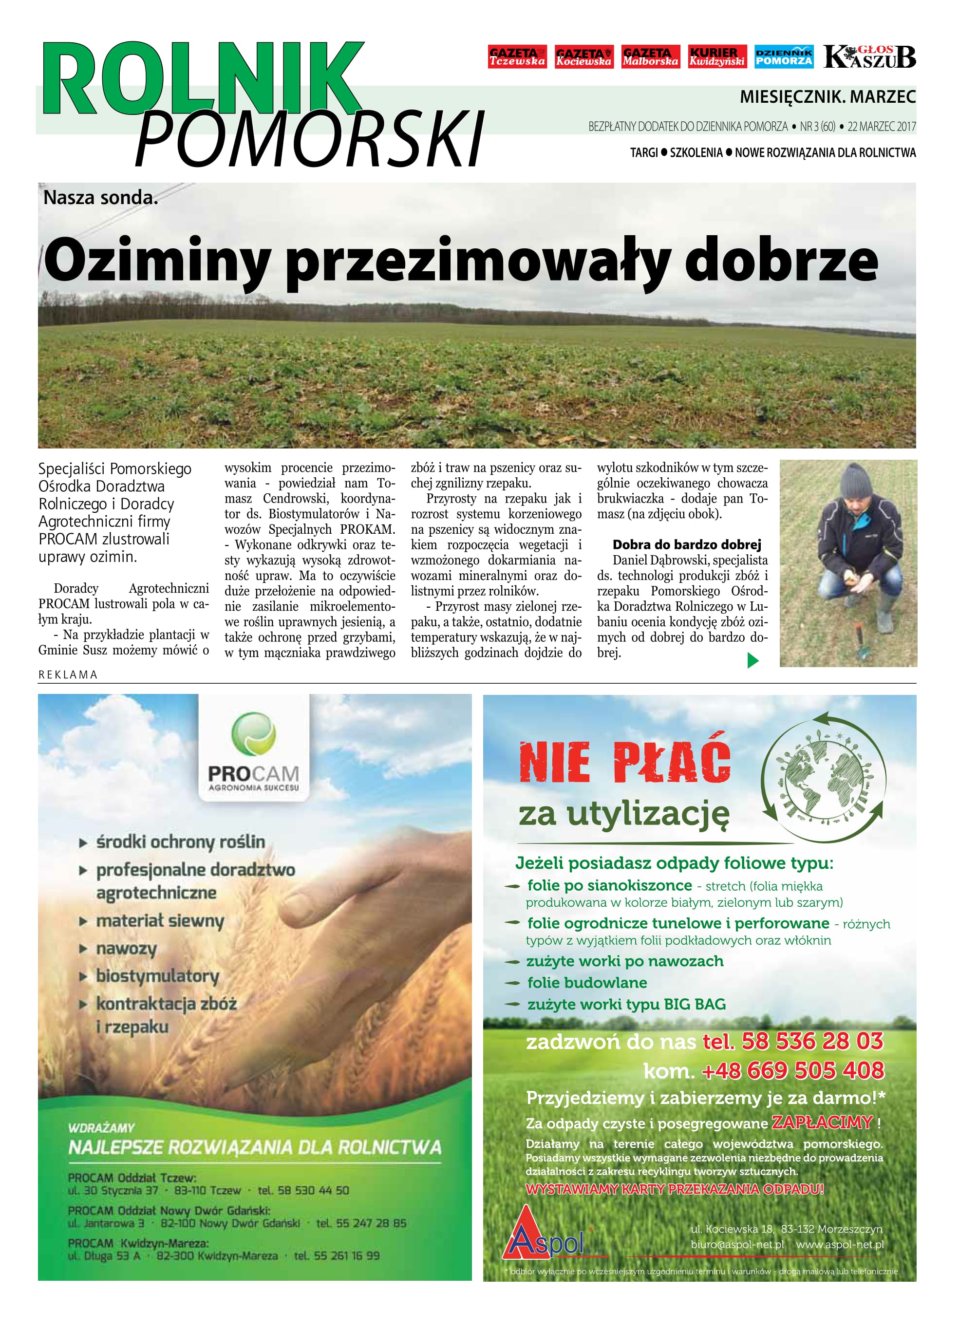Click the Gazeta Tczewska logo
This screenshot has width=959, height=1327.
click(517, 57)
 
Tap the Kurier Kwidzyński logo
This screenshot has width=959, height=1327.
click(717, 57)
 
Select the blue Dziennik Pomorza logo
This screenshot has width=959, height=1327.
click(784, 57)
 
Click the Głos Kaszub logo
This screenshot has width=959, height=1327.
click(869, 57)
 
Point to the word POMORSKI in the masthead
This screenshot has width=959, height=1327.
click(310, 139)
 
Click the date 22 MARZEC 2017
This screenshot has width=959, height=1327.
click(882, 127)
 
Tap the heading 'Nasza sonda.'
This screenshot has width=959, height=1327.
click(101, 198)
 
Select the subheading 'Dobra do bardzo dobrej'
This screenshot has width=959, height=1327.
click(686, 545)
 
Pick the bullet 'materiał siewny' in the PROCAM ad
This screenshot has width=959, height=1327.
click(160, 921)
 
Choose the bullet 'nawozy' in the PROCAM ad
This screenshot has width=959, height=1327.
click(126, 949)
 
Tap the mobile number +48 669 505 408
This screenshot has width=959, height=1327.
click(793, 1070)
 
